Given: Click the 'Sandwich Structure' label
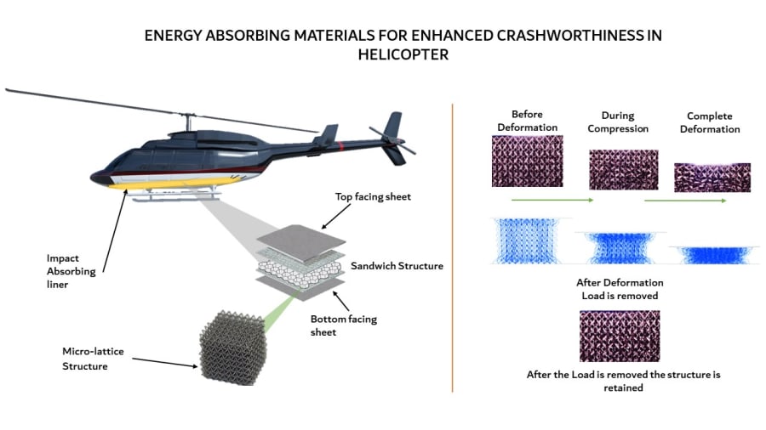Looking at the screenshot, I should point(397,266).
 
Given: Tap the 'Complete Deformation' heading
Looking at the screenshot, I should point(713,122).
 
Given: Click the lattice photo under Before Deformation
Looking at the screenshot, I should point(528,161).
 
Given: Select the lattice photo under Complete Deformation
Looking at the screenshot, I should point(712,178).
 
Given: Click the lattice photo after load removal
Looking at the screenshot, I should point(618,336).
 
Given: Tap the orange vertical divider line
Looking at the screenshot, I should point(453,246).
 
